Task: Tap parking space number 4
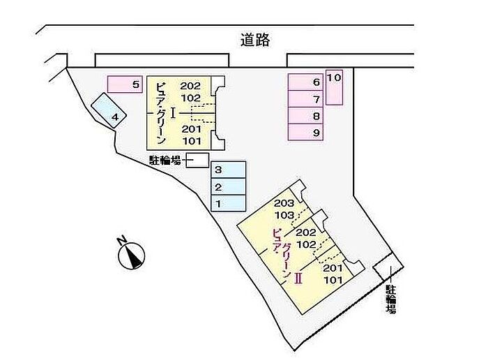109,110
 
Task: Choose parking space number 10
334,87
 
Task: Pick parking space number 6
307,82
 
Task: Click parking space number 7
307,99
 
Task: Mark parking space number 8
307,116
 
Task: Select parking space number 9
307,133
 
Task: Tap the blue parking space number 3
229,170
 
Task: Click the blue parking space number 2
229,186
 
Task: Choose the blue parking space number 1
229,203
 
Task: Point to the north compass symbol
130,253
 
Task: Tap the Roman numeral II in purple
298,278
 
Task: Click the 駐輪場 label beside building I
165,161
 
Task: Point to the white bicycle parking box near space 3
196,161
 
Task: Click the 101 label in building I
191,140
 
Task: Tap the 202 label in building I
191,86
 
